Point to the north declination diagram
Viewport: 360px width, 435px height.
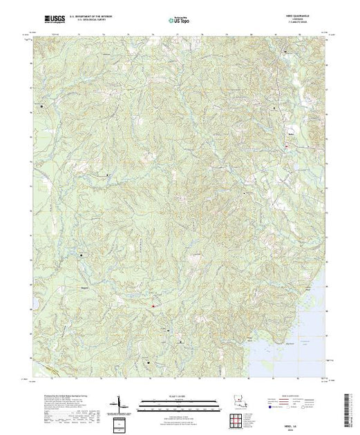click(122, 403)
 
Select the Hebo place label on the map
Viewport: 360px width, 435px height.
click(292, 136)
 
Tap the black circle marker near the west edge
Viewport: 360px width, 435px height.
click(41, 107)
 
